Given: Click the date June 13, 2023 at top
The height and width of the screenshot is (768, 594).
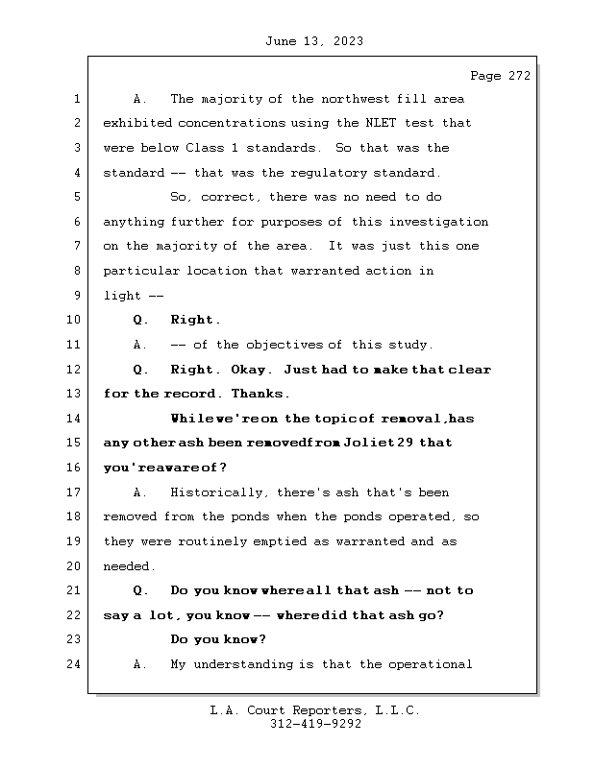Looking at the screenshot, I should [312, 41].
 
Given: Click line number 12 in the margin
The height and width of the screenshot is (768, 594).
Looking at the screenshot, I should [76, 370].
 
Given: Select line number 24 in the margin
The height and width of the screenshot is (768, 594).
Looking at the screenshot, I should [76, 664].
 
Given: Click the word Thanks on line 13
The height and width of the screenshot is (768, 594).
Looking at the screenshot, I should [260, 394].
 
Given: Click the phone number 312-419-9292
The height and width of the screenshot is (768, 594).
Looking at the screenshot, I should [315, 725].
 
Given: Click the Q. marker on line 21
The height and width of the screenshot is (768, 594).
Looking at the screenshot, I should [140, 590].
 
